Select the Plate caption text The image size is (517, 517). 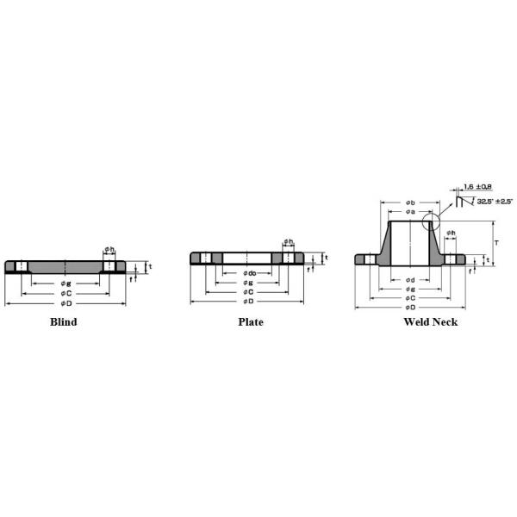tap(251, 322)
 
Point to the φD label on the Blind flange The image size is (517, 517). tap(65, 303)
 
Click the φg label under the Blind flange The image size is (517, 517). tap(65, 283)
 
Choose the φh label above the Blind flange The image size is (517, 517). tap(109, 250)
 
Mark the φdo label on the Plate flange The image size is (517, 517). tap(249, 273)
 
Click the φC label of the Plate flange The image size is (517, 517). tap(249, 292)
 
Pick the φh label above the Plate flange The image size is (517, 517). tap(289, 242)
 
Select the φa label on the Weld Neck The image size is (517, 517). tap(410, 211)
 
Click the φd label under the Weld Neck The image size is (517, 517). tap(410, 279)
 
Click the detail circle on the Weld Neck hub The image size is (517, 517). tap(432, 221)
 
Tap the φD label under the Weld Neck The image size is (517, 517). tap(410, 307)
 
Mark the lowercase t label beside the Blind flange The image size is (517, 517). tap(151, 266)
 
